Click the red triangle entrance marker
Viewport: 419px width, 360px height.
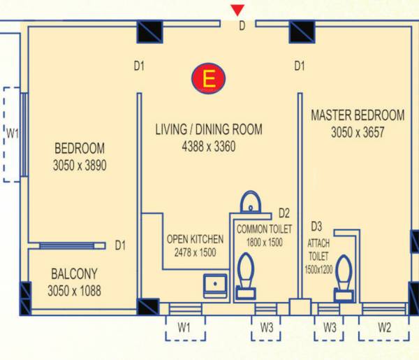click(238, 10)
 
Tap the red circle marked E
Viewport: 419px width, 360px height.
click(207, 80)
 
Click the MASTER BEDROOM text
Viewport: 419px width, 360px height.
click(358, 115)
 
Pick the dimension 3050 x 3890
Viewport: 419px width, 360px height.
click(80, 166)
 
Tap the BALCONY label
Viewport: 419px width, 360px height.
click(74, 273)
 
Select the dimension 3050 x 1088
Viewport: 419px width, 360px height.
click(74, 290)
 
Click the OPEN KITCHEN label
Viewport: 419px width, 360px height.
click(195, 239)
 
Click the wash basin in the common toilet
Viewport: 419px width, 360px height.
click(250, 203)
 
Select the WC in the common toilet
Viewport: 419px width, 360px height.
click(247, 276)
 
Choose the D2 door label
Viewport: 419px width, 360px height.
click(284, 213)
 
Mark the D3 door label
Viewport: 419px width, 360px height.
click(316, 226)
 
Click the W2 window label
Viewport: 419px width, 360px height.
click(384, 326)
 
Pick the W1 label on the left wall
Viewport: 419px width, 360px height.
click(12, 134)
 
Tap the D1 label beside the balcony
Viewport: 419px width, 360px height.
click(120, 245)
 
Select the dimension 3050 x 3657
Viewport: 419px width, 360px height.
click(358, 131)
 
